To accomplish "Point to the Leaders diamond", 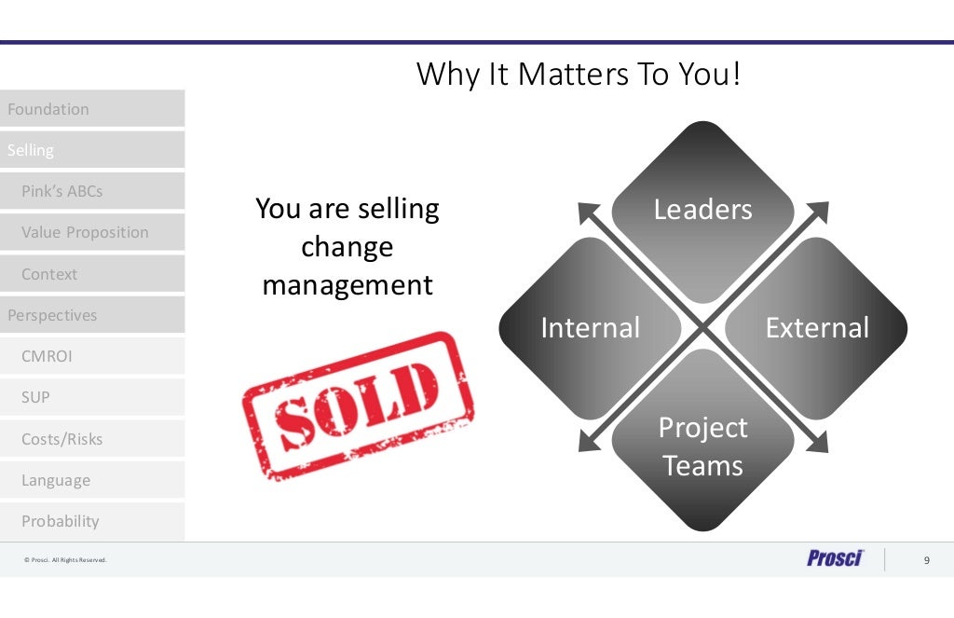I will tap(702, 210).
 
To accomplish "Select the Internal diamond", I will tap(590, 328).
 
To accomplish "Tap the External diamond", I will tap(817, 328).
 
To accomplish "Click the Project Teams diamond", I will tap(702, 446).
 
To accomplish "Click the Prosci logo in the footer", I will tap(835, 558).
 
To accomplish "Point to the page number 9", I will tap(926, 560).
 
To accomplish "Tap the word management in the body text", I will tap(348, 284).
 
